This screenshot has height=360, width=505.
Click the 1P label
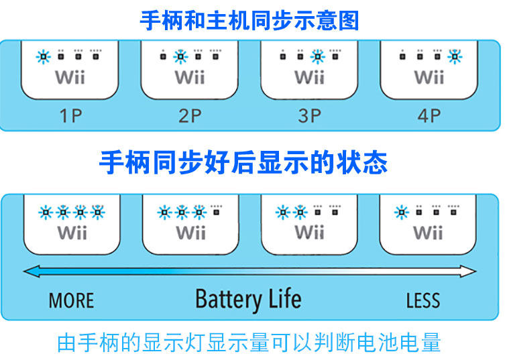[x=70, y=115]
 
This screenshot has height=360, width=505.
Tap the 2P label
[x=190, y=115]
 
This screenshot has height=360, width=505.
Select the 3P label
[x=309, y=115]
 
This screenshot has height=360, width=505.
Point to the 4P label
[x=429, y=115]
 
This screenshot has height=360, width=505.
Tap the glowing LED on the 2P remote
[x=180, y=56]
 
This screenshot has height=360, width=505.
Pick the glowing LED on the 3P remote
[x=317, y=56]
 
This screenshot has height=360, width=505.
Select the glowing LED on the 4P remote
[x=455, y=56]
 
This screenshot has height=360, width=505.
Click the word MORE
[x=71, y=300]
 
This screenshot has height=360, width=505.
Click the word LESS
[x=423, y=300]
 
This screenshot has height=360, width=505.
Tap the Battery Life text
[x=247, y=299]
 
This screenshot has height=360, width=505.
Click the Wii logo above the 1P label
[x=70, y=76]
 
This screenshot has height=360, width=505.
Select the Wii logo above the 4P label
[x=429, y=76]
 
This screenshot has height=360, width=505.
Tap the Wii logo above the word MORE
[x=72, y=233]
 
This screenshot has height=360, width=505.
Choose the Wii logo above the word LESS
[x=428, y=233]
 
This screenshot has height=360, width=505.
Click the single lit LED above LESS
[x=401, y=213]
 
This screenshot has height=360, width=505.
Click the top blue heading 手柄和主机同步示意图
[x=249, y=20]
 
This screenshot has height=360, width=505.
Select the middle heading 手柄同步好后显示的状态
[x=243, y=162]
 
